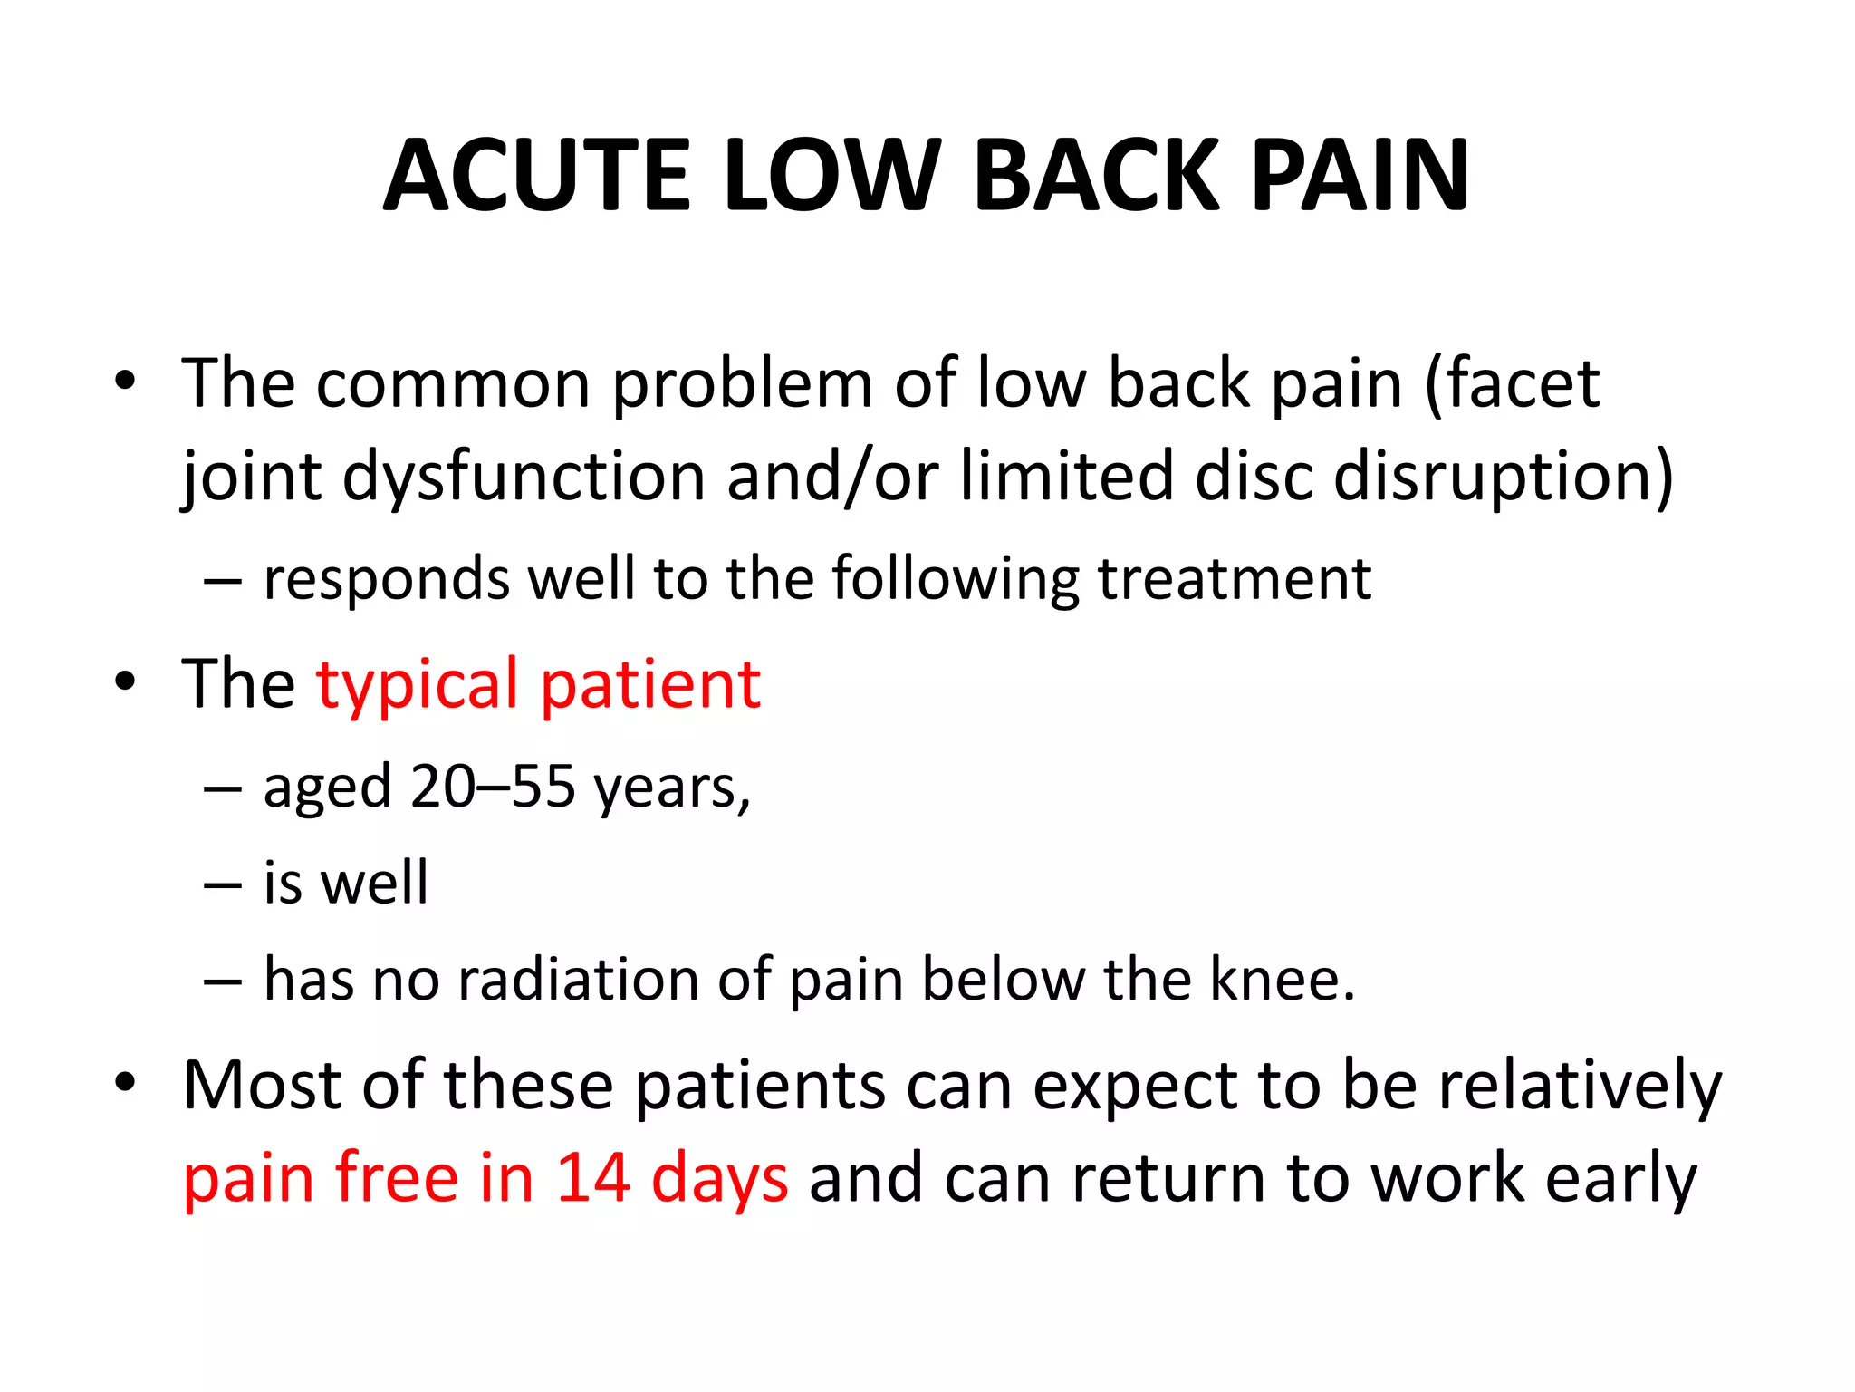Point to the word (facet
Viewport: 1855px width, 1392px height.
1512,384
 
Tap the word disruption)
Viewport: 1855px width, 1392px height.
1503,478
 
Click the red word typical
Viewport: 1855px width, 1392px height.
417,686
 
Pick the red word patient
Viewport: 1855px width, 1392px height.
650,686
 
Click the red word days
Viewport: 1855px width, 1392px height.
719,1180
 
